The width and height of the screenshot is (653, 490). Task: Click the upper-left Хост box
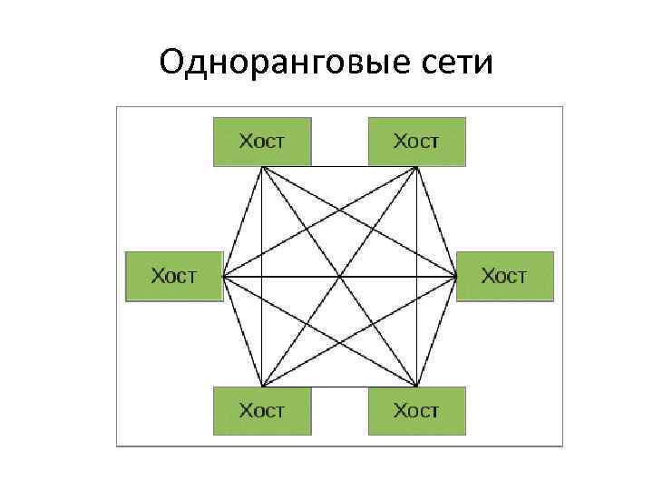262,142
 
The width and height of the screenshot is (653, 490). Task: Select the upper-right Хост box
416,142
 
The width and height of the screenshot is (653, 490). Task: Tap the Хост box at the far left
173,276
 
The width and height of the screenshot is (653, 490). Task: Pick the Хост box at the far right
504,276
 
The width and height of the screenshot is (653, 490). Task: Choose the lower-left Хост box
262,411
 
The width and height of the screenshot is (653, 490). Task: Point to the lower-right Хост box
416,411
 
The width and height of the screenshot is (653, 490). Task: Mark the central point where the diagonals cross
339,276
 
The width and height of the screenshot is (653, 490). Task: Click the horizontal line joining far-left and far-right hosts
290,276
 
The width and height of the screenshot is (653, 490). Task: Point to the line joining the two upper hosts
339,167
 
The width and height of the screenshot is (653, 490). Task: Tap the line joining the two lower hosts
339,387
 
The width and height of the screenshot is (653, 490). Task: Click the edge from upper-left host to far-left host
242,221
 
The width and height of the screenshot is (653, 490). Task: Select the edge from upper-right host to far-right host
436,221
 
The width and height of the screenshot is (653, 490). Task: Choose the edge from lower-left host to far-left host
242,331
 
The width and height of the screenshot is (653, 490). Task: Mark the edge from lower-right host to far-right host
436,331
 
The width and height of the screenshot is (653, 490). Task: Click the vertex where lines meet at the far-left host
224,276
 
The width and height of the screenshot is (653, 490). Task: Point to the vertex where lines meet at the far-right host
455,276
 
